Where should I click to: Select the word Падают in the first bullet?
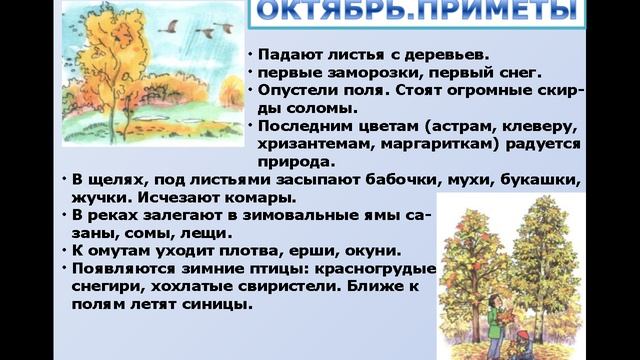(287, 54)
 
